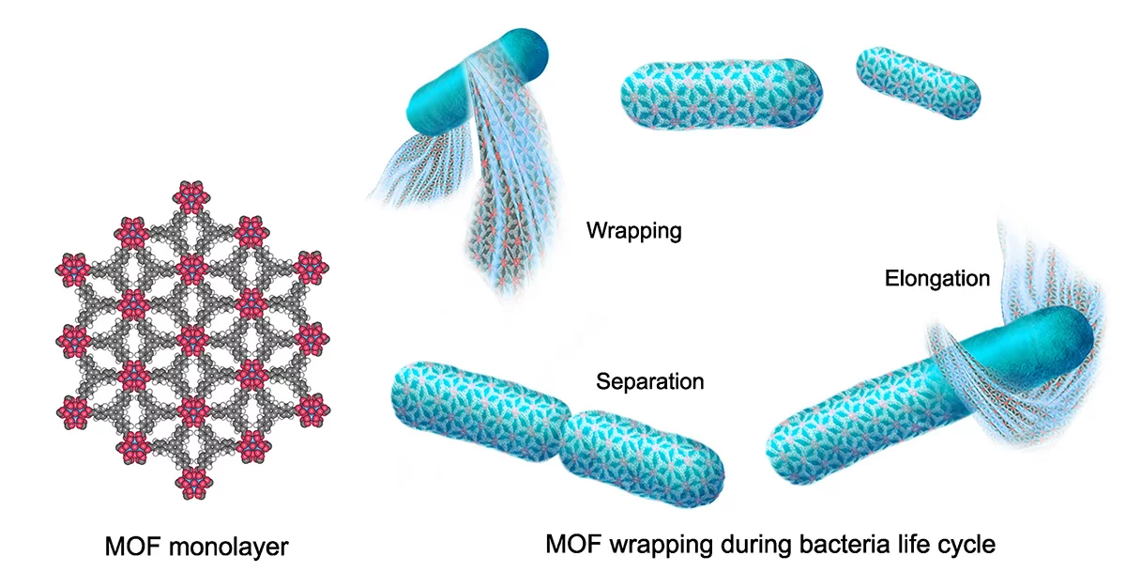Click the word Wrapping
633,230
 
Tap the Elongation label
937,278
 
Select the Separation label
649,381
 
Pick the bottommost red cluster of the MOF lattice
192,481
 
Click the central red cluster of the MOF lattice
192,338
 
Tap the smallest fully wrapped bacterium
920,84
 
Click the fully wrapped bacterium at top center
722,93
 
